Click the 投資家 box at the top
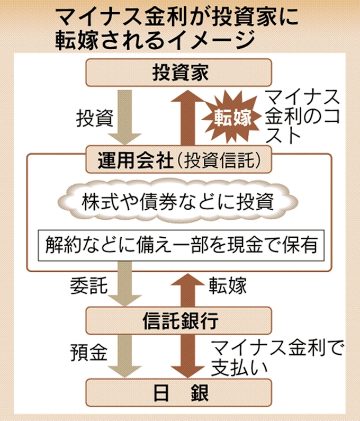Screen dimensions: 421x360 tap(179, 73)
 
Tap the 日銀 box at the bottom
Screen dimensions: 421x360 tap(179, 393)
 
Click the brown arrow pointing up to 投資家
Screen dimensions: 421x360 tap(186, 117)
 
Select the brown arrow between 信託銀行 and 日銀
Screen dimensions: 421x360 tap(186, 356)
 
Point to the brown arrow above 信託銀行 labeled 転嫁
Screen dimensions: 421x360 tap(186, 288)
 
